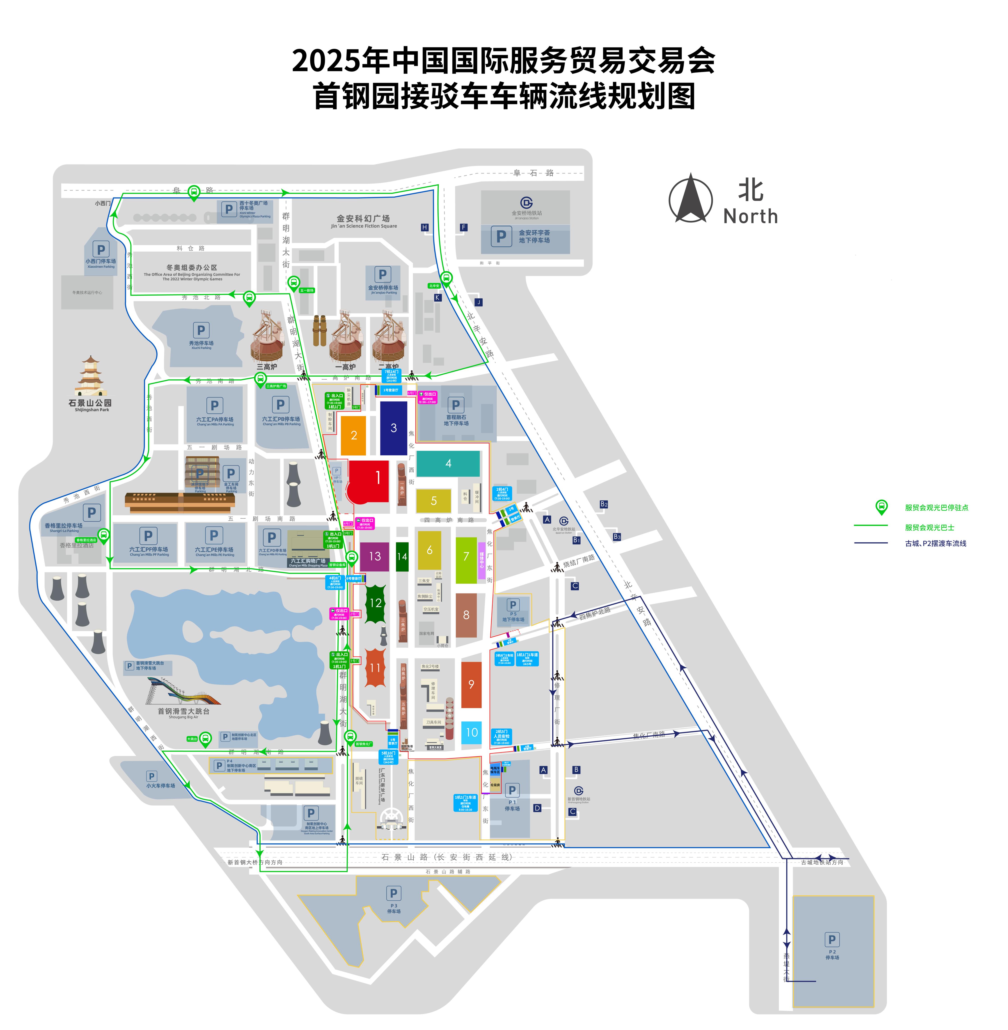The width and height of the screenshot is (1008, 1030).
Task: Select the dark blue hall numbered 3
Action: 393,428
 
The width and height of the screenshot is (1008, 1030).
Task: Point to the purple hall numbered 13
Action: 374,556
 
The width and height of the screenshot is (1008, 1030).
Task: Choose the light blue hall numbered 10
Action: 471,732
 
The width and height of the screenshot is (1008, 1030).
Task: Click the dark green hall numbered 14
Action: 402,556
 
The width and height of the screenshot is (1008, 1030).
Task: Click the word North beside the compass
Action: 750,216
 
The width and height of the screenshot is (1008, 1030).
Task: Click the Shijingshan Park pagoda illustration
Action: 91,376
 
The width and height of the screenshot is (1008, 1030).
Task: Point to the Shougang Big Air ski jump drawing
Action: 183,691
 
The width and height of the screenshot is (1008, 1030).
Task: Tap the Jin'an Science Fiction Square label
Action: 364,221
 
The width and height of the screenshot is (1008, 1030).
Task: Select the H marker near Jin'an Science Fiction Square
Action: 424,227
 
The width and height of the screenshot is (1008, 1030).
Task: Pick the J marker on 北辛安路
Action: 478,302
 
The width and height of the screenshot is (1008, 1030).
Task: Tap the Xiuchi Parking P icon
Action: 201,330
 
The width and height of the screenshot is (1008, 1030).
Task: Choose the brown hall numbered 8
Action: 466,615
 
